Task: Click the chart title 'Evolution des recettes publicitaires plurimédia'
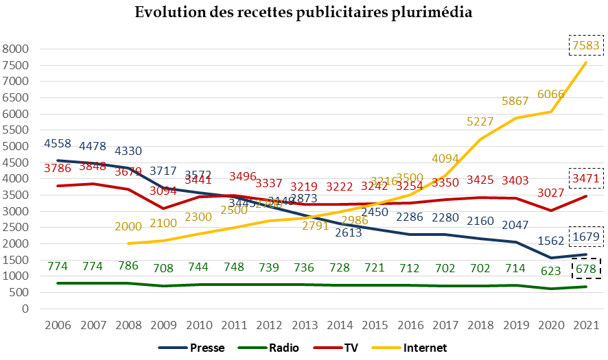point(303,13)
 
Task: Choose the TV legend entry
point(350,348)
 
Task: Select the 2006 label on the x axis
point(58,325)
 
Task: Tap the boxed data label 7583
point(585,46)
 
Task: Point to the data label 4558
point(58,144)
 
